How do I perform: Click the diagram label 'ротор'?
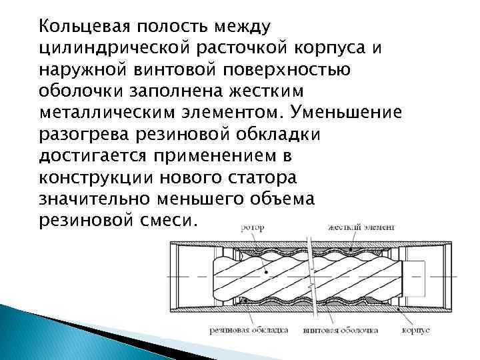(x=252, y=227)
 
